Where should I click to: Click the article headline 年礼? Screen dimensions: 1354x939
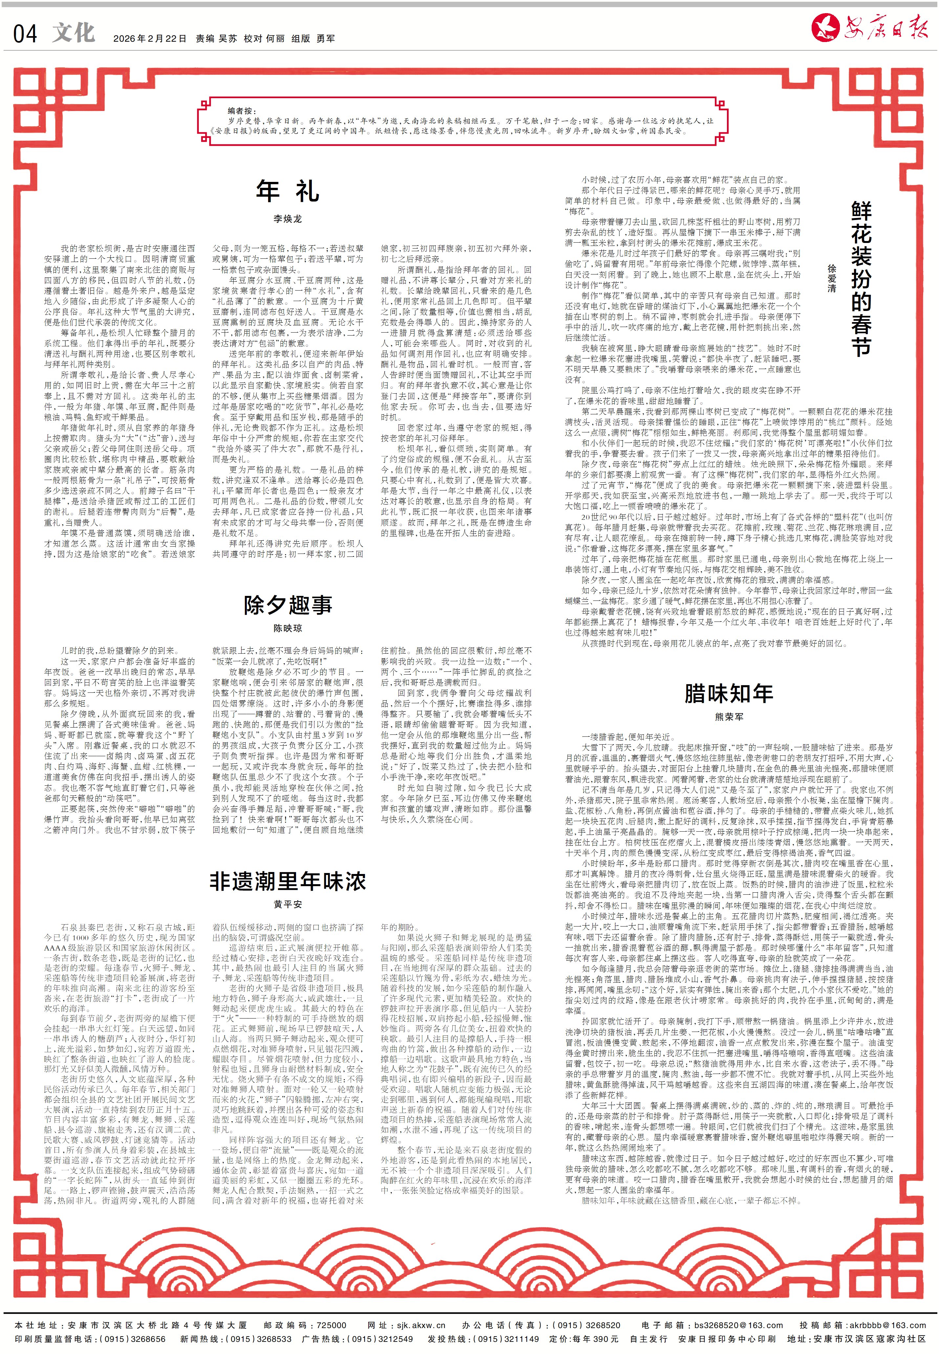pyautogui.click(x=288, y=191)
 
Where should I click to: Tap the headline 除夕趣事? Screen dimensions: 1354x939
pyautogui.click(x=288, y=604)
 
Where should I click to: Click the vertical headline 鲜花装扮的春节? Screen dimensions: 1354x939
pyautogui.click(x=861, y=278)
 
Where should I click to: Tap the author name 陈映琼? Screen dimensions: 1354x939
pyautogui.click(x=288, y=628)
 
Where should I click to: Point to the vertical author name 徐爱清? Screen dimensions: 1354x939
pyautogui.click(x=831, y=278)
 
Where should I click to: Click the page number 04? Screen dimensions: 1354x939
pyautogui.click(x=25, y=34)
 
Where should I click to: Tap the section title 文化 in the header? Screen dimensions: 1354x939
pyautogui.click(x=74, y=33)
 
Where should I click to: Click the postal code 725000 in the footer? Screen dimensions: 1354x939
pyautogui.click(x=332, y=1325)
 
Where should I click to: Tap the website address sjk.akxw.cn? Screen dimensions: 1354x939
pyautogui.click(x=421, y=1325)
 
